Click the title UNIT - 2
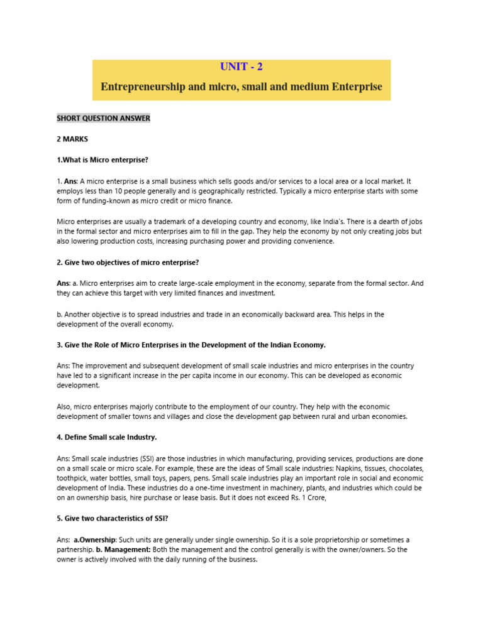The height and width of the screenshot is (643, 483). [241, 67]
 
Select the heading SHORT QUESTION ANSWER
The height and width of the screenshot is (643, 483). [103, 118]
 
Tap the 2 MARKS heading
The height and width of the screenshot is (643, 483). [72, 139]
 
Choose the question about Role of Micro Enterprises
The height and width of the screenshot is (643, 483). [191, 345]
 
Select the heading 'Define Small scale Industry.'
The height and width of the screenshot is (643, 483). [106, 436]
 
